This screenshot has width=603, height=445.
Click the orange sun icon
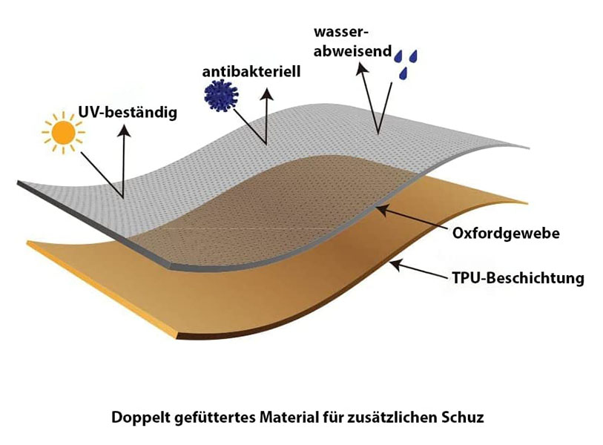coord(64,133)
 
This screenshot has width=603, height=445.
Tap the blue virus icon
coord(221,95)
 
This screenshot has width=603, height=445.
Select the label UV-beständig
coord(128,113)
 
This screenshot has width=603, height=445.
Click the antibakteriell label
coord(251,71)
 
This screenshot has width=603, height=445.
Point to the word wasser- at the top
coord(341,32)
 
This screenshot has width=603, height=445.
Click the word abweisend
coord(352,51)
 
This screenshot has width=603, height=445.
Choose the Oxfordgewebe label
coord(506,234)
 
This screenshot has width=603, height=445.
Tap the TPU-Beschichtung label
coord(518,277)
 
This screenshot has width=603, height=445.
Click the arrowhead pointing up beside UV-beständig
coord(124,130)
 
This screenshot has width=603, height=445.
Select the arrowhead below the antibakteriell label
coord(266,94)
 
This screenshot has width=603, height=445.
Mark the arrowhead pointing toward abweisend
coord(362,68)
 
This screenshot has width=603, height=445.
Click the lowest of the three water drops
coord(403,73)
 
